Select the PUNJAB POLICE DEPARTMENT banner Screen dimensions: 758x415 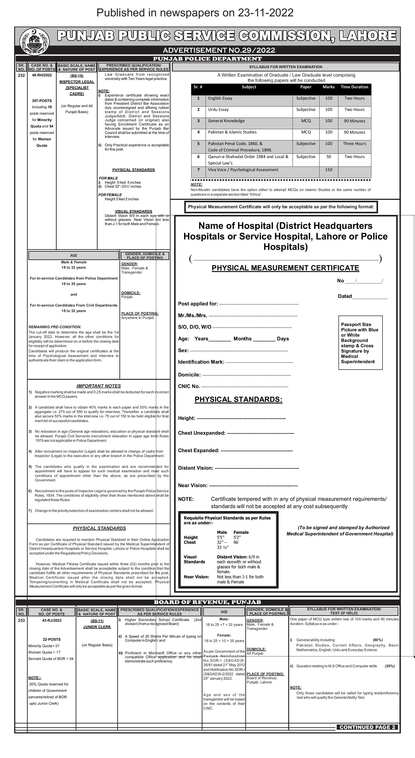(x=207, y=59)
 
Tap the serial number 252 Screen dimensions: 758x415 (x=21, y=75)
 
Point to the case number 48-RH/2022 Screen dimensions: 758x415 (x=42, y=75)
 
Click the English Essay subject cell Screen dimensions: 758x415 (x=220, y=98)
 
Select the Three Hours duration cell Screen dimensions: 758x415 (x=354, y=144)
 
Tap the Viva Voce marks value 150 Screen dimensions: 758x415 (x=329, y=170)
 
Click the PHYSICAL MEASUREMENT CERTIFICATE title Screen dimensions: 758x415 (x=285, y=268)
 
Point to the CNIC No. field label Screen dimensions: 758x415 (x=189, y=386)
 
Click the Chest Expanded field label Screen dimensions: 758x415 (x=198, y=451)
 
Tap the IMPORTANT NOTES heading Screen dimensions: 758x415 (x=98, y=386)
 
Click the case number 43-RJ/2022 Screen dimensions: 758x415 (x=52, y=620)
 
